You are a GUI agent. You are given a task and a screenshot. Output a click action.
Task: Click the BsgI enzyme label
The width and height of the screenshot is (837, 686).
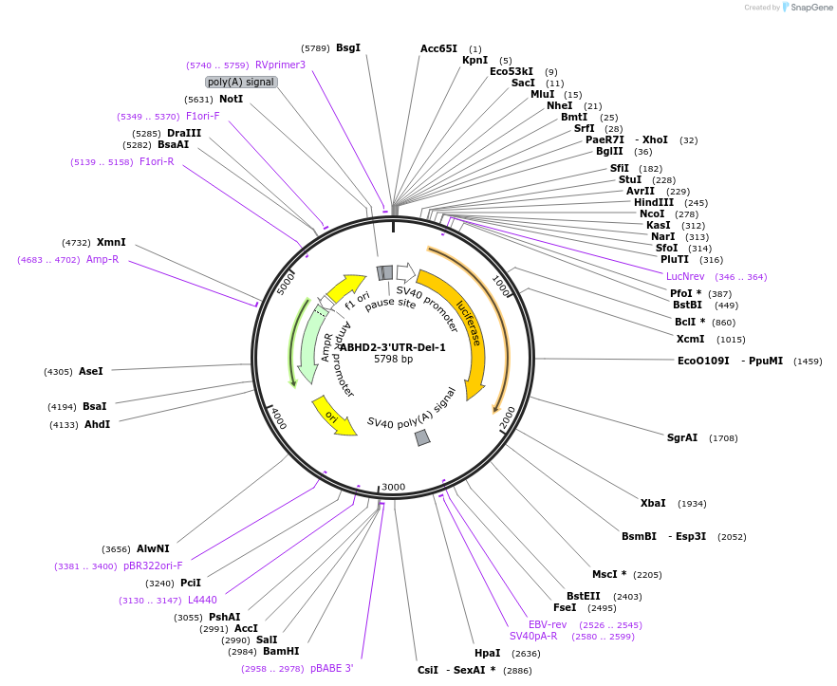point(348,47)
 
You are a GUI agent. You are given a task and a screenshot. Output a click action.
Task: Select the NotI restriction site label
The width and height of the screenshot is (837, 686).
point(231,99)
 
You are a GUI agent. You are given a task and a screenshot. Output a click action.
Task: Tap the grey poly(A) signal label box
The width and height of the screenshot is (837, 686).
point(241,82)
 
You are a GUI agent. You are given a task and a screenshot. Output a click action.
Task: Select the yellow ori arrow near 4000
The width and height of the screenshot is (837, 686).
point(332,417)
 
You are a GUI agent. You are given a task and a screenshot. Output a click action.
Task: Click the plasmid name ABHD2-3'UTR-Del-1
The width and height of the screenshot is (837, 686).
point(393,347)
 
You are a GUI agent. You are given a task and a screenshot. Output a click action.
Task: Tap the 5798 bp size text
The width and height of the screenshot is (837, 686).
point(393,360)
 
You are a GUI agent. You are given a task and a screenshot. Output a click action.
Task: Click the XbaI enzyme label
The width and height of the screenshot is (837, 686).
point(653,503)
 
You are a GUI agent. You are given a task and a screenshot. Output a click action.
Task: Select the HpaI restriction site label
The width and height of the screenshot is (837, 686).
point(488,653)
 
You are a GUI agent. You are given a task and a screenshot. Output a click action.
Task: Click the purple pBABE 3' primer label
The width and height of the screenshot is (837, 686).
point(331,668)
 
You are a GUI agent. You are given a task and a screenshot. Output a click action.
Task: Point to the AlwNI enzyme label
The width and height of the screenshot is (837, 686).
point(153,548)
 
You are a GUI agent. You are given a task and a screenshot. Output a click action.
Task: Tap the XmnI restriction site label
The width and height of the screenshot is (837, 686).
point(111,242)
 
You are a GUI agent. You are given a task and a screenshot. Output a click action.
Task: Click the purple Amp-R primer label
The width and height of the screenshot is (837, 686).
point(102,259)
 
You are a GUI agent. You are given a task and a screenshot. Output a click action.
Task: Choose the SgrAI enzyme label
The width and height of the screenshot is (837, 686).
point(682,437)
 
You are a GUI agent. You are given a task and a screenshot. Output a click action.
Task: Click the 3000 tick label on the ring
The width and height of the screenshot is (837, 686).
point(393,487)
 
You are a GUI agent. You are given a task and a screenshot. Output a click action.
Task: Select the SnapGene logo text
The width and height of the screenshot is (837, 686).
point(809,8)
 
